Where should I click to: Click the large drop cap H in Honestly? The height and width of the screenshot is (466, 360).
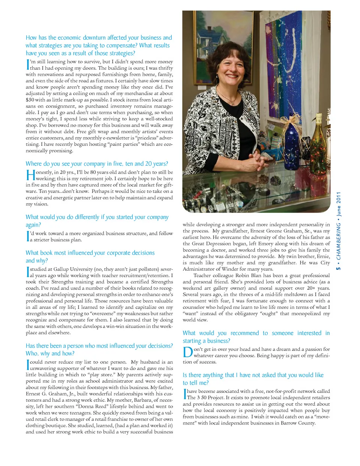(x=30, y=175)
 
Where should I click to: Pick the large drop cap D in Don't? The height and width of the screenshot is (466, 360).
(x=188, y=352)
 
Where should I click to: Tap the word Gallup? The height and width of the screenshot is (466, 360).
(x=63, y=269)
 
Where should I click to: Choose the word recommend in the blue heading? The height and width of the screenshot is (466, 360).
(x=244, y=333)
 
